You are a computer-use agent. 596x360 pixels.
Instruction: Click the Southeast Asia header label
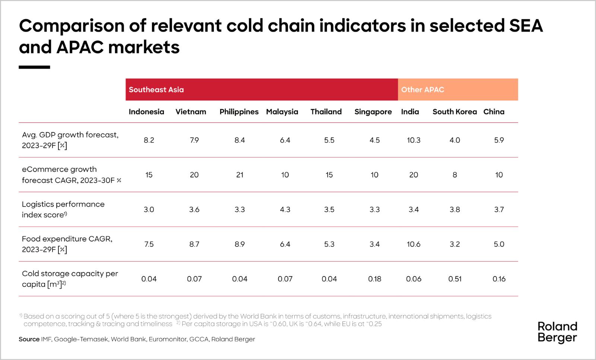(x=156, y=90)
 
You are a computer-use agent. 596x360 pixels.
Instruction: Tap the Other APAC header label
(x=422, y=90)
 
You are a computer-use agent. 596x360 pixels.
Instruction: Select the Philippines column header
(x=239, y=112)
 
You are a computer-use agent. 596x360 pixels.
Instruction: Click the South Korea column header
(x=455, y=112)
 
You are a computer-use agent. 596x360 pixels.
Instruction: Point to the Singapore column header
(x=373, y=112)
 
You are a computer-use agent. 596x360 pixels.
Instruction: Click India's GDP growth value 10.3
(x=413, y=140)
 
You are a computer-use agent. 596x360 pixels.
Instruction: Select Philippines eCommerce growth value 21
(x=240, y=175)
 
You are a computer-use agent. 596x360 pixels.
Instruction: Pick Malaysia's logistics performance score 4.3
(x=285, y=210)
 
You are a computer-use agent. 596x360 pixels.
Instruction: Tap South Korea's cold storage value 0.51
(x=455, y=279)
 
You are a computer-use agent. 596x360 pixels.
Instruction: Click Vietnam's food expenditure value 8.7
(x=194, y=244)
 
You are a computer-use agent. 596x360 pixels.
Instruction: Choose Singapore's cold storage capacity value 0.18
(x=375, y=279)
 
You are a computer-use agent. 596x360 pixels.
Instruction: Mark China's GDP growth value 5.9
(x=499, y=140)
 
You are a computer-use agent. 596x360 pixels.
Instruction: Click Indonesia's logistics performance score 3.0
(x=149, y=210)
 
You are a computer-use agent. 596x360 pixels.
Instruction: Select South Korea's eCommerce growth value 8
(x=455, y=175)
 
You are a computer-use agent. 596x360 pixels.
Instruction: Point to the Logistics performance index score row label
(x=63, y=210)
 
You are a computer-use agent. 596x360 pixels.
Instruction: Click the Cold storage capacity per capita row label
(x=70, y=279)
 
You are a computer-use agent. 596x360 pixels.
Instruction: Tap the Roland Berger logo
(x=557, y=332)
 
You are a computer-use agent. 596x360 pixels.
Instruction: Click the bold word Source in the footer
(x=29, y=339)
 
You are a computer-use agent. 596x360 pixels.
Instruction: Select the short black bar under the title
(x=34, y=67)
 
